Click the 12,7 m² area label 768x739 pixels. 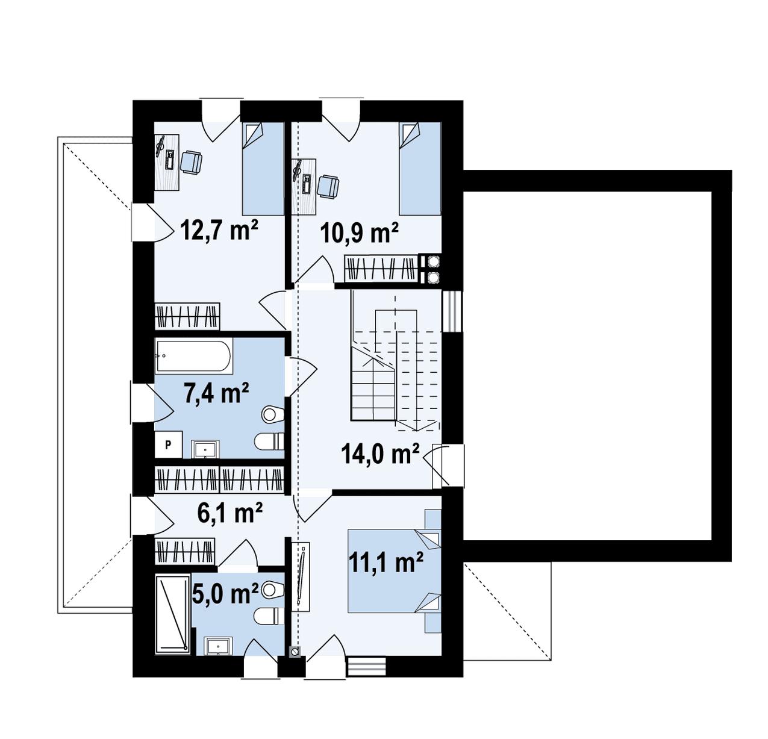pyautogui.click(x=219, y=230)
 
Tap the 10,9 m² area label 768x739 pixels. pyautogui.click(x=359, y=233)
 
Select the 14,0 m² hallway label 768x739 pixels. pyautogui.click(x=379, y=454)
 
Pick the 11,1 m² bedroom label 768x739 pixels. pyautogui.click(x=386, y=562)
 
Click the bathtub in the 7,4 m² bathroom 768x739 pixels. pyautogui.click(x=194, y=355)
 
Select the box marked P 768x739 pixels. pyautogui.click(x=168, y=444)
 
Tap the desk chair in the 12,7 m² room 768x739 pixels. pyautogui.click(x=192, y=162)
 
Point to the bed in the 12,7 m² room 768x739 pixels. pyautogui.click(x=263, y=169)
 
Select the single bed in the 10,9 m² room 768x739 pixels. pyautogui.click(x=420, y=169)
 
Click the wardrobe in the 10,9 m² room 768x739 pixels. pyautogui.click(x=381, y=268)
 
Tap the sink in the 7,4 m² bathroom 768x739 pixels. pyautogui.click(x=205, y=449)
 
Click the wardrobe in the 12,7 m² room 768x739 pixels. pyautogui.click(x=187, y=316)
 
